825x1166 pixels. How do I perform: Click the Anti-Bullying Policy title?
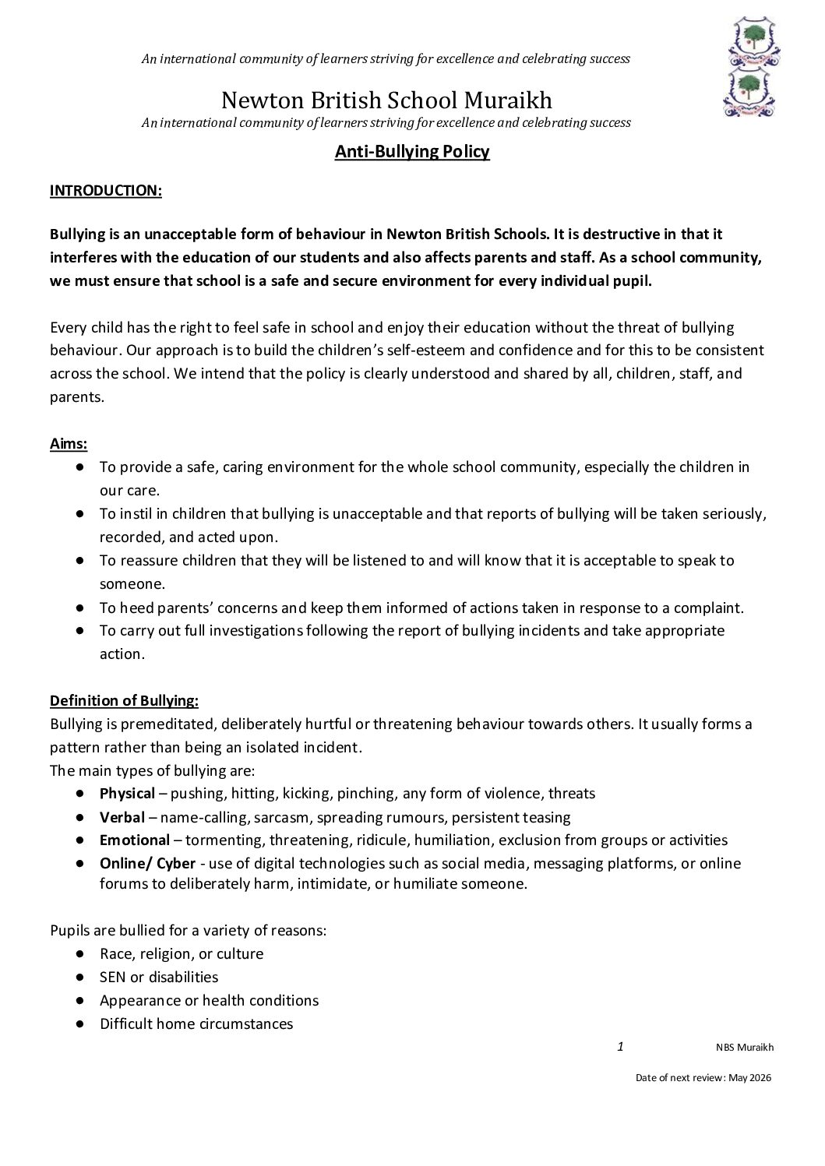coord(412,152)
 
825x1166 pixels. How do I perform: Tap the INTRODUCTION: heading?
coord(106,191)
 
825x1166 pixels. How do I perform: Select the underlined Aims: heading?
coord(69,444)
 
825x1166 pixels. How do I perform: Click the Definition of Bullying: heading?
coord(124,701)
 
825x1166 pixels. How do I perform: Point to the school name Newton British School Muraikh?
coord(386,100)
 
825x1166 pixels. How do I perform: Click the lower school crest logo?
coord(749,91)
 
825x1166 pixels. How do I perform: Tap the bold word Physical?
coord(127,794)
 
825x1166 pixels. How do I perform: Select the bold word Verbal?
coord(122,817)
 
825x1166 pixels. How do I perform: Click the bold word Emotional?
coord(135,840)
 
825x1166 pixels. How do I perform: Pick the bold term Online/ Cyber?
coord(147,864)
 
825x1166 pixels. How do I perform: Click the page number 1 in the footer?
coord(620,1047)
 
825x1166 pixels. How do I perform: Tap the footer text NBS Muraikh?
coord(745,1048)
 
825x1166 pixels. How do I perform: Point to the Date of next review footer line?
coord(703,1078)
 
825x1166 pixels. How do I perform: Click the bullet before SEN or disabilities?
coord(80,977)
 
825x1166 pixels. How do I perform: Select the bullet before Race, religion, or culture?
coord(80,953)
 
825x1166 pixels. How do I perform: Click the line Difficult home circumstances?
coord(196,1024)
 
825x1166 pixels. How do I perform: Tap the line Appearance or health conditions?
coord(209,1001)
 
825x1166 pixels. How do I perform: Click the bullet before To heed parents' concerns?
coord(80,608)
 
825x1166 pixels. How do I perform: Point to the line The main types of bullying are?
coord(153,771)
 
